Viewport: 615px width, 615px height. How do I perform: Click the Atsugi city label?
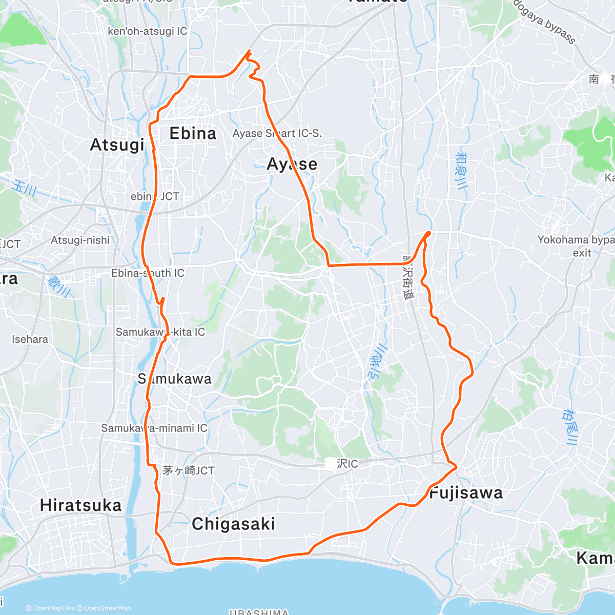(117, 145)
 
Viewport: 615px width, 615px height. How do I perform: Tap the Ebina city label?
(193, 134)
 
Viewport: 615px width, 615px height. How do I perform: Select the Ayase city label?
(292, 164)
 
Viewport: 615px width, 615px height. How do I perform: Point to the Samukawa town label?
(174, 379)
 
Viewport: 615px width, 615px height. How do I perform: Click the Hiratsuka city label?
(81, 505)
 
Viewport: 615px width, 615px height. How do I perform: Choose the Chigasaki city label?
(233, 524)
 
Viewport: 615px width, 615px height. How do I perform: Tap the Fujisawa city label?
(466, 493)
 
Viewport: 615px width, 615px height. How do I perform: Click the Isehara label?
(30, 339)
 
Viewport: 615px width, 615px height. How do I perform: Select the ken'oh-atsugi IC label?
(148, 31)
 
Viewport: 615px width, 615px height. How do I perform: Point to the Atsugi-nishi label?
(80, 240)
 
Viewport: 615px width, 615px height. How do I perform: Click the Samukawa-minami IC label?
(154, 428)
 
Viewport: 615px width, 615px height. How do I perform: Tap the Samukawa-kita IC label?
(160, 332)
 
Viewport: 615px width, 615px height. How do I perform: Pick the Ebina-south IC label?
(148, 273)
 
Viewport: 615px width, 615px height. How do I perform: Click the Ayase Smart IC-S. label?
(277, 133)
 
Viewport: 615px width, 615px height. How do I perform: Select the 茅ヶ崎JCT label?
(188, 470)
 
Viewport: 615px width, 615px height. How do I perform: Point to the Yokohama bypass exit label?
(575, 246)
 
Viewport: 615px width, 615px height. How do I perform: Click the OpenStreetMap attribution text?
(108, 608)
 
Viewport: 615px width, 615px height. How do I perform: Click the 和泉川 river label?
(461, 171)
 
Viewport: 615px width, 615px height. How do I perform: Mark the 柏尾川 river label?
(570, 427)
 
